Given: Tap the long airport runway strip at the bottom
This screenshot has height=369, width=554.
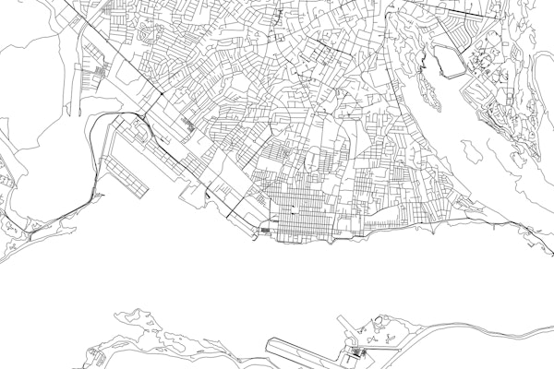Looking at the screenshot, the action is pyautogui.click(x=305, y=352).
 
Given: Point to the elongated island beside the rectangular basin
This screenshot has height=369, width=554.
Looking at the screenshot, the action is pyautogui.click(x=426, y=88).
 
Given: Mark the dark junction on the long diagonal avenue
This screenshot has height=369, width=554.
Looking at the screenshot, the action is pyautogui.click(x=163, y=95).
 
